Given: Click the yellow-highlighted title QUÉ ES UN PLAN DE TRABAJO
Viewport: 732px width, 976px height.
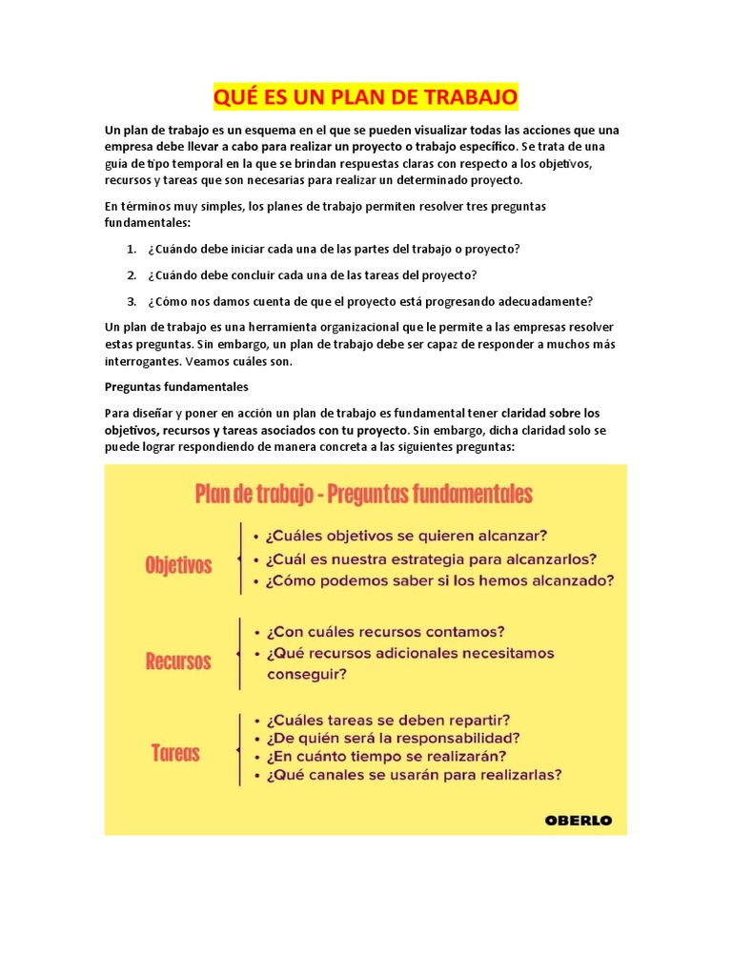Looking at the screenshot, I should [x=365, y=97].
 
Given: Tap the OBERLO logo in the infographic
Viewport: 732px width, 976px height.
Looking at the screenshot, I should [x=579, y=820].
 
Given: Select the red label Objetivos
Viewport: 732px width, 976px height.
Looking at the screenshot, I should [x=178, y=565].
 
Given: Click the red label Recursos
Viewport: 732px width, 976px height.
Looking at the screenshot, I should [x=178, y=661].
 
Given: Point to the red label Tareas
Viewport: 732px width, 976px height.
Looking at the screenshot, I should [x=175, y=753].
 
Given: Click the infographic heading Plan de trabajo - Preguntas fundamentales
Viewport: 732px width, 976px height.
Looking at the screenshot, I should [x=363, y=494].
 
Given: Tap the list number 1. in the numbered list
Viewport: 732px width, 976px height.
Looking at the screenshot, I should [x=132, y=249].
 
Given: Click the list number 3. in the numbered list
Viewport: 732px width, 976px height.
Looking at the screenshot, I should [x=132, y=301].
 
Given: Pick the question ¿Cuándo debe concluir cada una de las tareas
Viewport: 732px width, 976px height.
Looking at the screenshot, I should [x=312, y=275].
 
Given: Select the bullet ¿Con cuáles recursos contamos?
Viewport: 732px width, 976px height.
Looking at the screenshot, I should [x=386, y=631].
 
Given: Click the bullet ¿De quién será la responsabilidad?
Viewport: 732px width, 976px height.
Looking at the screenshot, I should [x=394, y=738].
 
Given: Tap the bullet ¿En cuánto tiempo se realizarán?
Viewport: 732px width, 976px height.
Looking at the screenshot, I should [x=386, y=756].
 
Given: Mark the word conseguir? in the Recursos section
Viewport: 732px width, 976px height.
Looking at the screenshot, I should [x=307, y=673].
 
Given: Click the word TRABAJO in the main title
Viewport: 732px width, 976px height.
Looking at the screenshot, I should [x=470, y=97].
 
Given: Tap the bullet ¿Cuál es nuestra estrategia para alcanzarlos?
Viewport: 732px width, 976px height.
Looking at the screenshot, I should [x=432, y=558].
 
